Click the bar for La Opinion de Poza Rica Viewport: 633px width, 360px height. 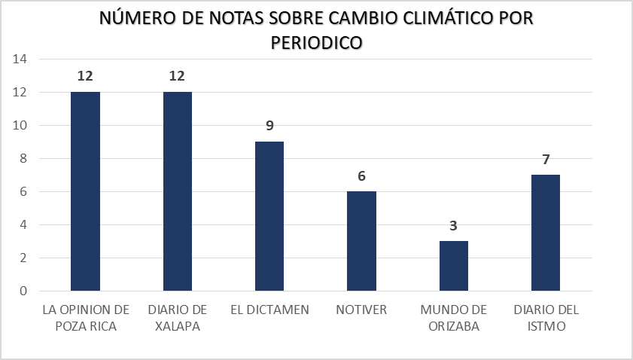tap(85, 191)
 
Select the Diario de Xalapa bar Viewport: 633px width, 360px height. tap(177, 191)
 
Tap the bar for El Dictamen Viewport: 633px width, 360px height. tap(269, 216)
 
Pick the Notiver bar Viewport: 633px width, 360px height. tap(361, 241)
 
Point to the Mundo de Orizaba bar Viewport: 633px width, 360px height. tap(454, 266)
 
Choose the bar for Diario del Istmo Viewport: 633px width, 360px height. tap(546, 233)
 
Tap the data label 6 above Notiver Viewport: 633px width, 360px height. tap(361, 175)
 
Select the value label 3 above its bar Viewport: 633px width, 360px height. tap(454, 225)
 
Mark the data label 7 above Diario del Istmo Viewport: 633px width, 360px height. tap(546, 159)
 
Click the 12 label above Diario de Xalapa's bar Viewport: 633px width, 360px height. tap(177, 76)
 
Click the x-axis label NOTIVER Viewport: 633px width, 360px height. tap(361, 310)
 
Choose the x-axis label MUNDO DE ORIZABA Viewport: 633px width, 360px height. tap(454, 317)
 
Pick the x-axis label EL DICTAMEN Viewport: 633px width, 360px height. tap(269, 310)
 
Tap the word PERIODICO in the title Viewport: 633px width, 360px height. tap(316, 43)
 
